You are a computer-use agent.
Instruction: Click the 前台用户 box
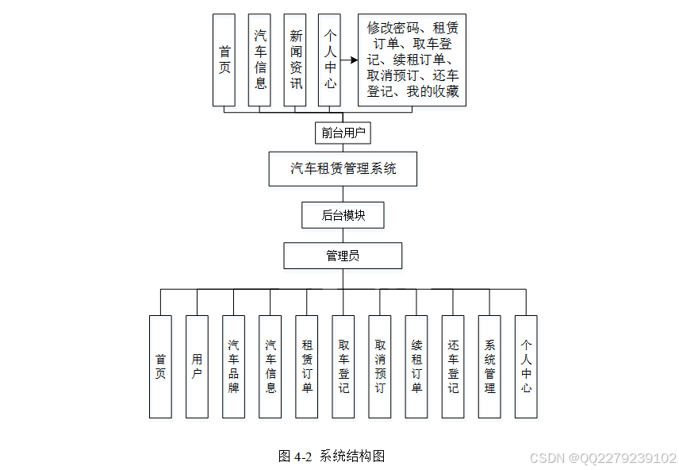(343, 133)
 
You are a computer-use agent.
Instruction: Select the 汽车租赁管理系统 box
(343, 168)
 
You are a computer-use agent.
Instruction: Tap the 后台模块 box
(343, 214)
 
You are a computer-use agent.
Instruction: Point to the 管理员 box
(343, 256)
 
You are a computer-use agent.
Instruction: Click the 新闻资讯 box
(295, 60)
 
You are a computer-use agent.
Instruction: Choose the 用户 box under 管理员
(197, 367)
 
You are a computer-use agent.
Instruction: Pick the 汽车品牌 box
(233, 367)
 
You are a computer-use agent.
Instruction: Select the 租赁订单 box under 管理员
(306, 367)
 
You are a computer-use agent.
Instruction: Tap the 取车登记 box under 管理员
(343, 367)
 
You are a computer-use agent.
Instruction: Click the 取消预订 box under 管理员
(379, 367)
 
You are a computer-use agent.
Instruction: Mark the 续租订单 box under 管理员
(416, 367)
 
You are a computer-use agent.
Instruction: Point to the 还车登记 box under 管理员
(452, 367)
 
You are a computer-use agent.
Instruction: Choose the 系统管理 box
(489, 367)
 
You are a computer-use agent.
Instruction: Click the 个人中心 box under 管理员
(526, 367)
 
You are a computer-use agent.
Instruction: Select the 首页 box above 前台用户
(224, 60)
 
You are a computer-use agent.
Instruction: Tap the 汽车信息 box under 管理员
(270, 367)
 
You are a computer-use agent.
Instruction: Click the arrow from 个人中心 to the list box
(349, 60)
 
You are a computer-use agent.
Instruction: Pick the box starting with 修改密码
(412, 60)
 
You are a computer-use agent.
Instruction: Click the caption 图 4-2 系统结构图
(332, 456)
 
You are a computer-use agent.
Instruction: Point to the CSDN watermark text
(602, 458)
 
